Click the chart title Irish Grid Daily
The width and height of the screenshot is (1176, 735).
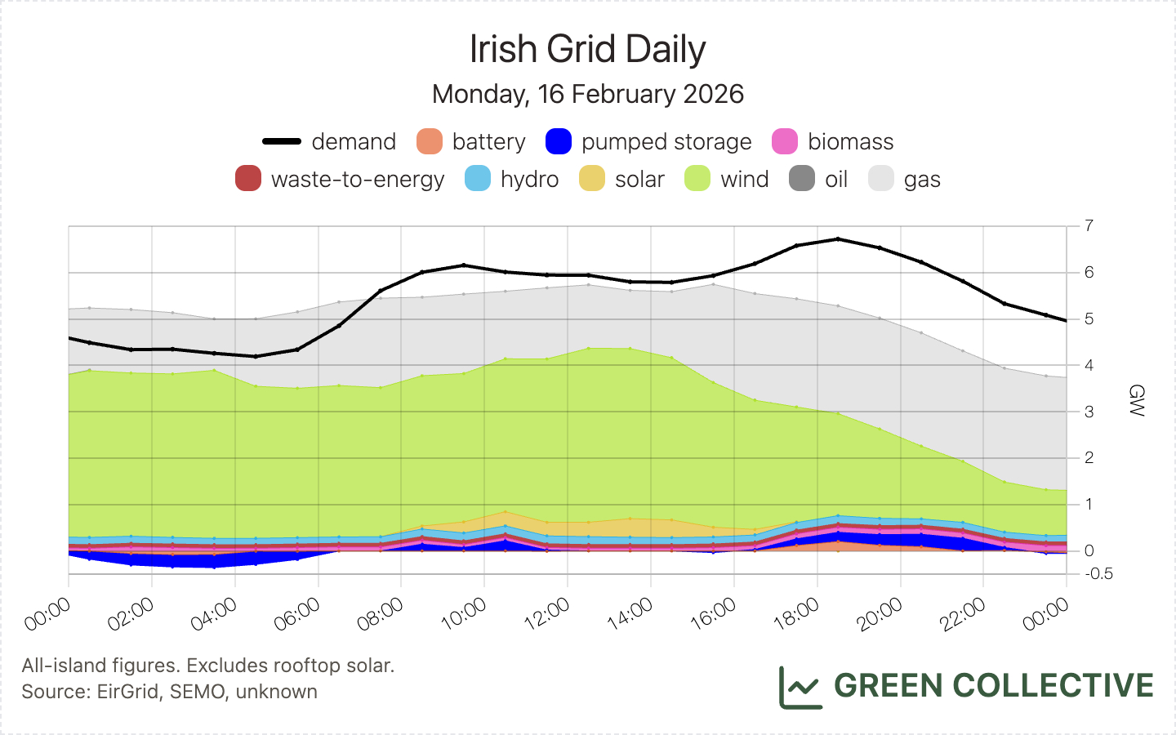pos(587,49)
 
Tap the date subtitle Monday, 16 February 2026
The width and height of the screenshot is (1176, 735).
pos(587,94)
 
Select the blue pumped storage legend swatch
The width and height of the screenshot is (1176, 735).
pos(559,141)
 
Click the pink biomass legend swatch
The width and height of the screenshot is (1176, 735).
pos(785,141)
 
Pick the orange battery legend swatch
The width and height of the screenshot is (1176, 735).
pos(430,141)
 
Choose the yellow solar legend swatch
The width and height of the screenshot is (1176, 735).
pos(592,179)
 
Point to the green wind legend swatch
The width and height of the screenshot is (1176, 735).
pos(697,179)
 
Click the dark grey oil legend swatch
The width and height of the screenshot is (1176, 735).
pos(802,179)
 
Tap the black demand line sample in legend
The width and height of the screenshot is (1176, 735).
pos(282,141)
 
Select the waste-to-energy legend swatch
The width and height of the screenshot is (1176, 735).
pos(248,179)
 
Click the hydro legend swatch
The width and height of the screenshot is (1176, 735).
pos(478,179)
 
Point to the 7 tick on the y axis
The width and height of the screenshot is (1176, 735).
pos(1089,225)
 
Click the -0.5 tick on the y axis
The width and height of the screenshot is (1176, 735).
pos(1099,573)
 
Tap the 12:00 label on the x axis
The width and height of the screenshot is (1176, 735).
pos(548,614)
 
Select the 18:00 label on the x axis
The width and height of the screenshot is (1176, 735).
pos(797,614)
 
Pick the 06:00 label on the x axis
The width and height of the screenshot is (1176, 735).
pos(298,614)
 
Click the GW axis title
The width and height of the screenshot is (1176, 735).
pos(1136,400)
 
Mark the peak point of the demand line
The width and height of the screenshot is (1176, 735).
pos(838,238)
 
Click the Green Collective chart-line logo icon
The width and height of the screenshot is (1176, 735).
pos(800,687)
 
